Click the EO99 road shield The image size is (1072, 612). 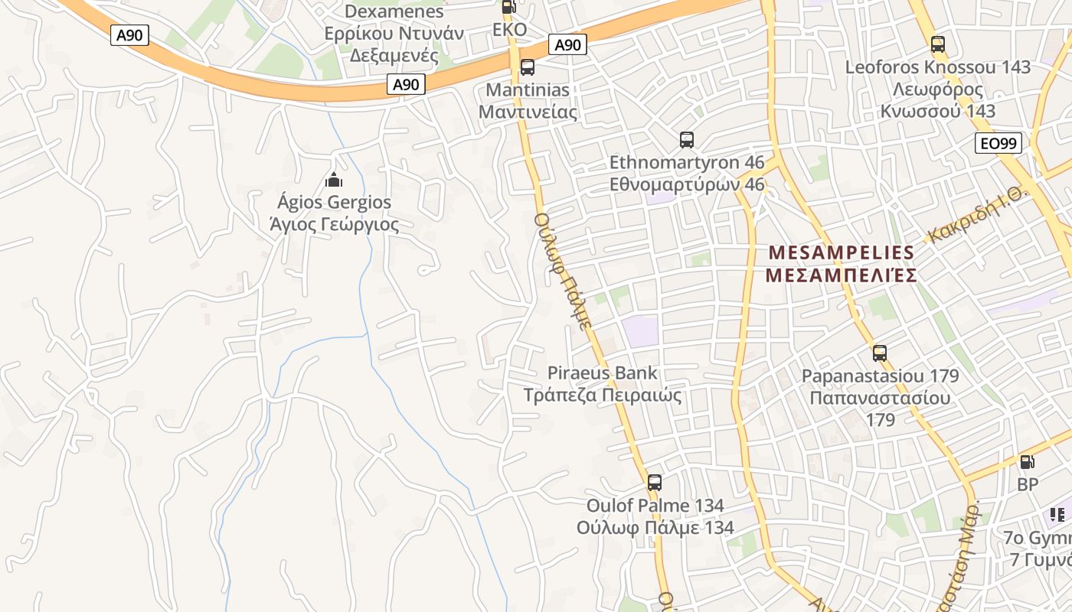(998, 143)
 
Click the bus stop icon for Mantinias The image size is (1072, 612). (527, 67)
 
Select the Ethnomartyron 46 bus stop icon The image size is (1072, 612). (686, 140)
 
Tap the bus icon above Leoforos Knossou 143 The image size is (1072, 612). (937, 44)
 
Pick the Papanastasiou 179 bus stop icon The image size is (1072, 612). (880, 353)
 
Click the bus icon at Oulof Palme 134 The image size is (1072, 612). (654, 483)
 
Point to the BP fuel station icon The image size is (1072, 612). (1027, 462)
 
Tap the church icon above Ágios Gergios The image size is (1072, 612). (333, 181)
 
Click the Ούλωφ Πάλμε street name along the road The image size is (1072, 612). (563, 272)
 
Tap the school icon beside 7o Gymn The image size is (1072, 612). (1057, 514)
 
